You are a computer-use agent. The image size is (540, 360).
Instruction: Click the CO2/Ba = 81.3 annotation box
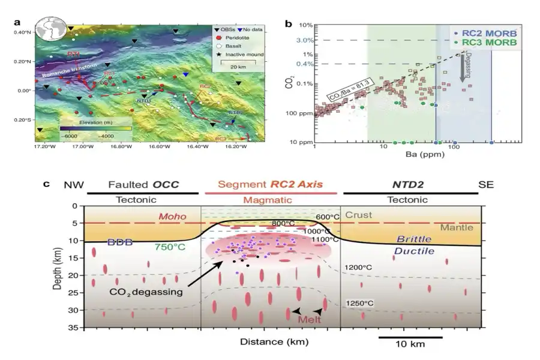[x=352, y=89]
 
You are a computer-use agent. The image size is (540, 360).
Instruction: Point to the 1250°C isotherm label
[x=361, y=304]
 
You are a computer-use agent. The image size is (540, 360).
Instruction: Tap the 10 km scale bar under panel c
[x=410, y=337]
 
